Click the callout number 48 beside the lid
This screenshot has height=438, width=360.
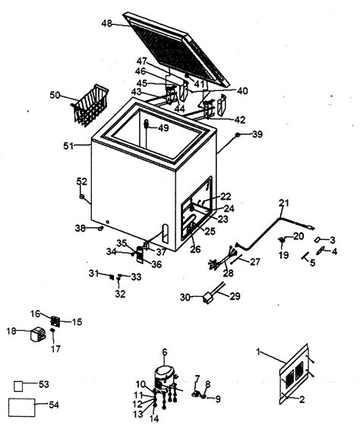pyautogui.click(x=107, y=24)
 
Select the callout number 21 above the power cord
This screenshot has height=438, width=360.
pyautogui.click(x=283, y=203)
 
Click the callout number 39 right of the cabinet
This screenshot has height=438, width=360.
pyautogui.click(x=257, y=134)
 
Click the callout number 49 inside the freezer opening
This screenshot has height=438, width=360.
pyautogui.click(x=163, y=128)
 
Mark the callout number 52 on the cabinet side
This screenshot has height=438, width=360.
pyautogui.click(x=82, y=181)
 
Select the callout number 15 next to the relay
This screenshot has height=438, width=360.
pyautogui.click(x=77, y=322)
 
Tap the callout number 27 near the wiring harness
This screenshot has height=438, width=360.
pyautogui.click(x=255, y=261)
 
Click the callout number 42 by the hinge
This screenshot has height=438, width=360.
pyautogui.click(x=240, y=119)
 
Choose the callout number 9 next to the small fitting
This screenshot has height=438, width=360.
pyautogui.click(x=219, y=399)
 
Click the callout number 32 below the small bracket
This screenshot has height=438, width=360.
pyautogui.click(x=120, y=294)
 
